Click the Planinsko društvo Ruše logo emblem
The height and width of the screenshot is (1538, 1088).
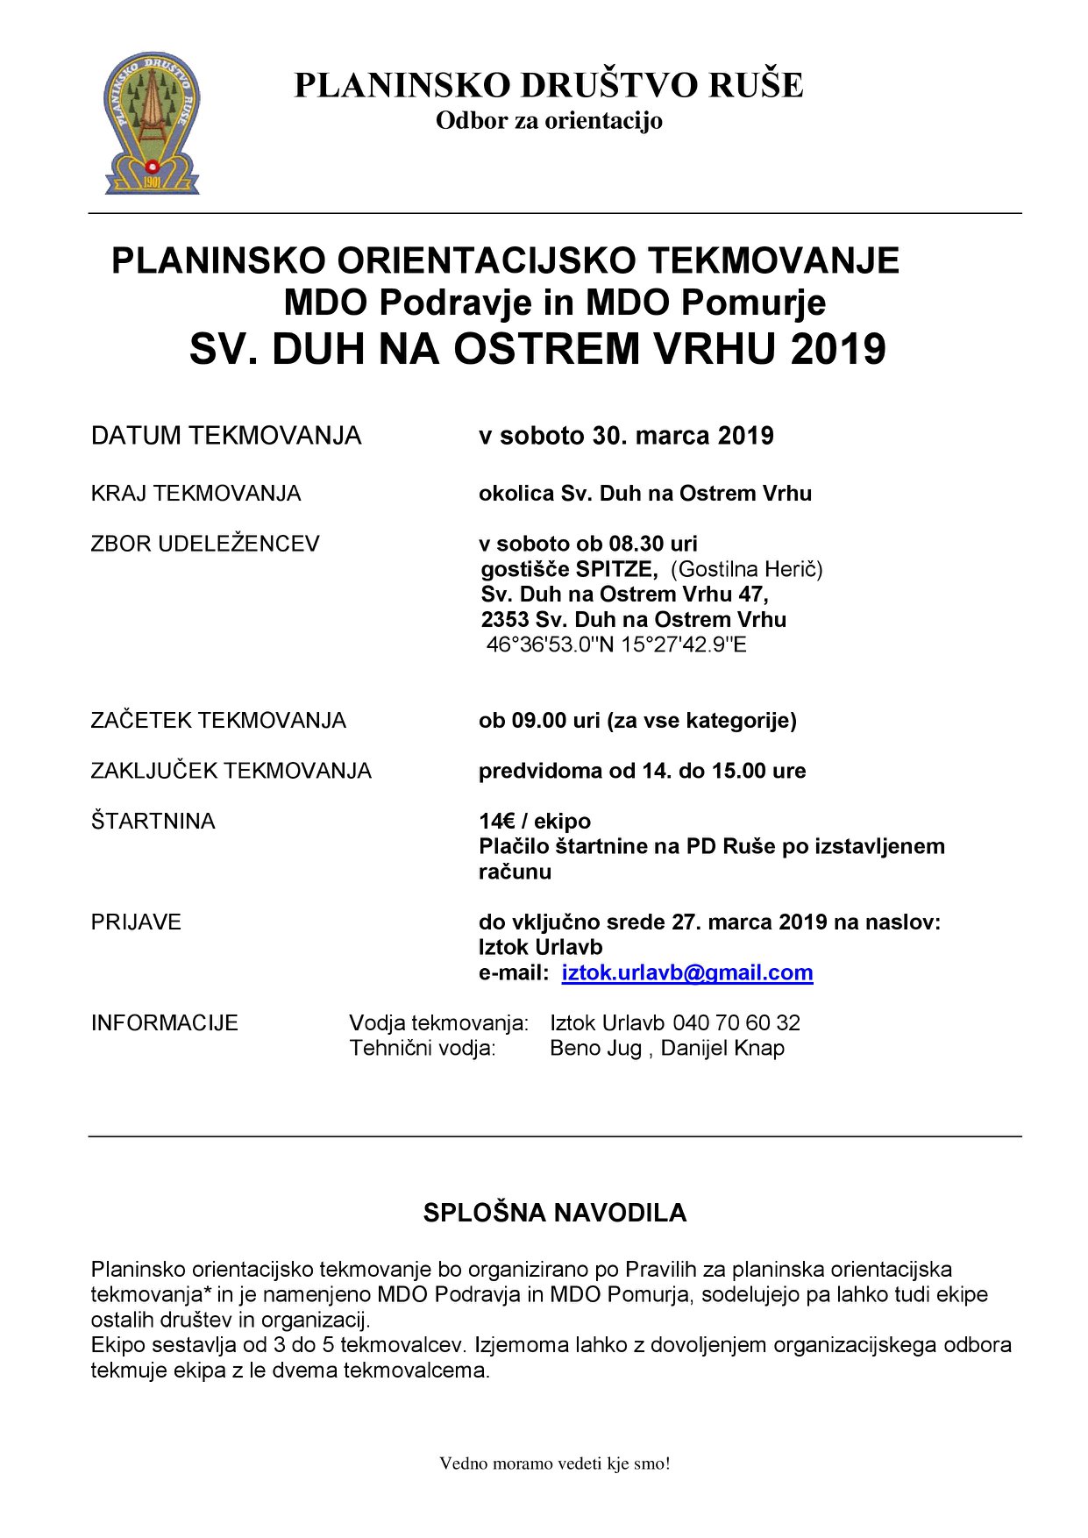(152, 122)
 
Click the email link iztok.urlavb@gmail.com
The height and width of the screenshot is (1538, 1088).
(686, 972)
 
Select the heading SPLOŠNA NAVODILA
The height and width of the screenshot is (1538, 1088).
(554, 1213)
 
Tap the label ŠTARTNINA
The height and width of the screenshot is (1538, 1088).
(153, 821)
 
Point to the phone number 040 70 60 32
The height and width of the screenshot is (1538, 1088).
(736, 1022)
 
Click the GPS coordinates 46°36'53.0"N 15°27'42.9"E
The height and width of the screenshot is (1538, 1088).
(616, 644)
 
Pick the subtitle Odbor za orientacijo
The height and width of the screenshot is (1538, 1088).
(549, 120)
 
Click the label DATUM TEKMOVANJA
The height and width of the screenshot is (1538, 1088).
(225, 436)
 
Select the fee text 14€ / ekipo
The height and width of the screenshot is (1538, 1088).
(534, 821)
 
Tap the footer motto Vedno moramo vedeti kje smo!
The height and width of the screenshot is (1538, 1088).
(554, 1463)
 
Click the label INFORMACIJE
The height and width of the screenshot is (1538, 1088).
(164, 1022)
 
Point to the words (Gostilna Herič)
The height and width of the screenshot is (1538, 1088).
(746, 569)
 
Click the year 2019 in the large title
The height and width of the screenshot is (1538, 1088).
(838, 349)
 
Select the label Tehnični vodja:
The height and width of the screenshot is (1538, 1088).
(423, 1048)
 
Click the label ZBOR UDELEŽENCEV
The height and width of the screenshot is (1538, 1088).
(205, 544)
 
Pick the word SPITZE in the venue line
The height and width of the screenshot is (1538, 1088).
(615, 569)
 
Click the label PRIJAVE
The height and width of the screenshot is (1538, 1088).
(136, 922)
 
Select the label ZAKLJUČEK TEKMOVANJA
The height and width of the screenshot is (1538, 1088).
(231, 771)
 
